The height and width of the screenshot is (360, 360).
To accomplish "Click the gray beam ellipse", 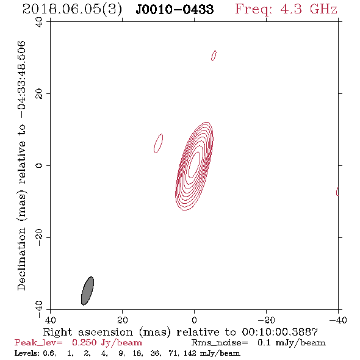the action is coord(87,291).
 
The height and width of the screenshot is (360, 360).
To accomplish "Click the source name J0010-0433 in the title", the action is coord(175,9).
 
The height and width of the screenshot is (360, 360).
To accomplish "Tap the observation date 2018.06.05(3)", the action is coord(72,9).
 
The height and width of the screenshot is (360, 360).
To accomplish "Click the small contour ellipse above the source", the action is coord(214,56).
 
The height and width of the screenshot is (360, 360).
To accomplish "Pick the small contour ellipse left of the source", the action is coord(159,143).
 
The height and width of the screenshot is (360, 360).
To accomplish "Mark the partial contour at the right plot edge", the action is coord(337,192).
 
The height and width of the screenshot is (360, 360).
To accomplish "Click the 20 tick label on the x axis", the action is coord(122,320).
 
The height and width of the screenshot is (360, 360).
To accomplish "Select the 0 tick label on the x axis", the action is coord(194,320).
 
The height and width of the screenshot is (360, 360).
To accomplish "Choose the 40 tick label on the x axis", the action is coord(50,320).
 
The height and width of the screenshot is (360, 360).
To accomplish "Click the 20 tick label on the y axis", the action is coord(39,94).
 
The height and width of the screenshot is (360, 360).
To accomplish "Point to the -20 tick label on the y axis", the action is coord(39,237).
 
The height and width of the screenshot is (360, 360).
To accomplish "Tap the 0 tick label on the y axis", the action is coord(39,165).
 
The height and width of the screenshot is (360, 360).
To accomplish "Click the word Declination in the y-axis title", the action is coord(21,259).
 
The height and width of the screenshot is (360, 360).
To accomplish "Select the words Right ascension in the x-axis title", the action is coord(88,333).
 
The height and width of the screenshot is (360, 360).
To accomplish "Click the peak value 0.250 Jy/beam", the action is coord(107,343).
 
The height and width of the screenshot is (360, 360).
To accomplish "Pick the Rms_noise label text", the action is coord(220,343).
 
